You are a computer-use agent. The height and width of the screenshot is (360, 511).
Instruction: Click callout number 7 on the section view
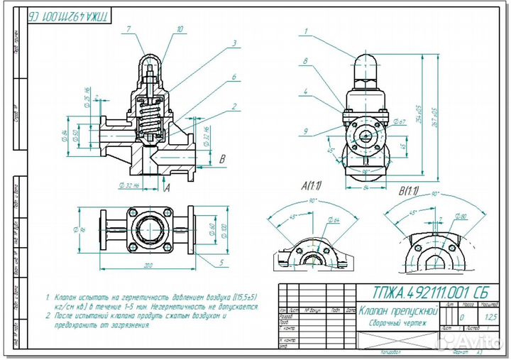tap(129, 29)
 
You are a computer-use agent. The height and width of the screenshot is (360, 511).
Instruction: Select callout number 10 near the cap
tap(180, 29)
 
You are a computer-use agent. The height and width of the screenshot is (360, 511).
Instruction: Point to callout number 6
tap(233, 77)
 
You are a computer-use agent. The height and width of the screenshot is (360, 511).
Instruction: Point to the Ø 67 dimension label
tap(398, 122)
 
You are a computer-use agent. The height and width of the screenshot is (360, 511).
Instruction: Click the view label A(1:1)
tap(312, 186)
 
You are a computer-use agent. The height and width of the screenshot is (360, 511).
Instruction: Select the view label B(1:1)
tap(410, 190)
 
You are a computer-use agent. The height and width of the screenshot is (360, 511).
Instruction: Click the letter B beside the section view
tap(222, 159)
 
